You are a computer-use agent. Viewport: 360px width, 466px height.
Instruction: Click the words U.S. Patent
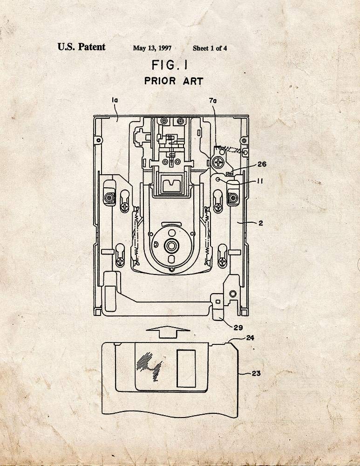(82, 47)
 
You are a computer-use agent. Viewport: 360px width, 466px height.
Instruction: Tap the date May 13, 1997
(152, 48)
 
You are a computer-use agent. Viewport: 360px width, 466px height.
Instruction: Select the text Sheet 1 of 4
(210, 48)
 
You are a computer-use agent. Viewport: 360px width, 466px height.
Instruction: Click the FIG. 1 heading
(170, 65)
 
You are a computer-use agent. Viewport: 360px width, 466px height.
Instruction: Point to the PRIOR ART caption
(174, 81)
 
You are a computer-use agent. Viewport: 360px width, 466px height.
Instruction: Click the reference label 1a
(115, 101)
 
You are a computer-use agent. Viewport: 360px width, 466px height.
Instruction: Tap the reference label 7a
(213, 101)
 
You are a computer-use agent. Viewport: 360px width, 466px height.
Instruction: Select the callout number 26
(262, 164)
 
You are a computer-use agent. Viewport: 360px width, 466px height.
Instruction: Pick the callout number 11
(260, 181)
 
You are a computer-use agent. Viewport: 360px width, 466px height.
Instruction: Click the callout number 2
(260, 223)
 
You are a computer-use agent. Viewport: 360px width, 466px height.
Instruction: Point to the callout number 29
(238, 328)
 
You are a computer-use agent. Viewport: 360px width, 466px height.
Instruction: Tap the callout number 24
(250, 338)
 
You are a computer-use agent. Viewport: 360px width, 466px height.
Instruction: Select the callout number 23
(256, 373)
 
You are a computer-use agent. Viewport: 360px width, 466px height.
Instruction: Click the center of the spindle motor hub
(171, 246)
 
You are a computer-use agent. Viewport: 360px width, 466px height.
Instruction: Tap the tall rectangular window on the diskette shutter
(186, 369)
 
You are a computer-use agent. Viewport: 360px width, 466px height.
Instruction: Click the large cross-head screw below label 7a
(219, 162)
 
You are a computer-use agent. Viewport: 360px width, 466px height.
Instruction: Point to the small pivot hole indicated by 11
(218, 179)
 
